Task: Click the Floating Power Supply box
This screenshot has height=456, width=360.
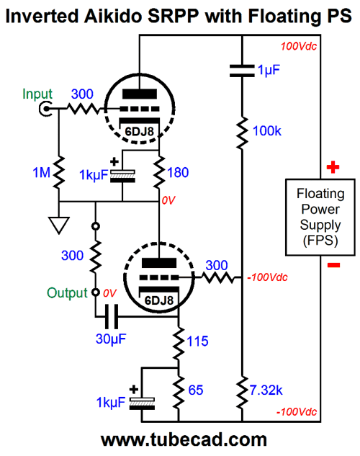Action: (x=320, y=218)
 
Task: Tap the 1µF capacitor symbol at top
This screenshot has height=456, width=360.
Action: (x=242, y=71)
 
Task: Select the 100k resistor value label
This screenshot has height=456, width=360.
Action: (x=267, y=131)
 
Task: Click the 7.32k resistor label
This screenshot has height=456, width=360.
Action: (x=266, y=390)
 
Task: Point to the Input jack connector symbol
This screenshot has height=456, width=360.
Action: (x=45, y=109)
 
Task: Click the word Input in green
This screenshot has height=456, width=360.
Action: (x=37, y=94)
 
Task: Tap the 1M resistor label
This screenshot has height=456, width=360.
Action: (x=42, y=172)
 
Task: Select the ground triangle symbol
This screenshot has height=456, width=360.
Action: (x=59, y=225)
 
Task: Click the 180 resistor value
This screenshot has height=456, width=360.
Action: (x=178, y=172)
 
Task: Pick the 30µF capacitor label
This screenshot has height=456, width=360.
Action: (x=111, y=339)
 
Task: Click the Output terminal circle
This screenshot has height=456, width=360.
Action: (x=96, y=292)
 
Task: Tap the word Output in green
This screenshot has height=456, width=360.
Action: (x=67, y=293)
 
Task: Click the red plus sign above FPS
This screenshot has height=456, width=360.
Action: (x=333, y=167)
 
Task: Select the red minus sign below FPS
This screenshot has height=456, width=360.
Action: (x=333, y=265)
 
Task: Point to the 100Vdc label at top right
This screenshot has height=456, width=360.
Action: (x=298, y=46)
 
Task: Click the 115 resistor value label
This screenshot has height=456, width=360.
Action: (x=197, y=341)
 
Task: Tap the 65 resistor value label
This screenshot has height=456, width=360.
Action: (x=196, y=390)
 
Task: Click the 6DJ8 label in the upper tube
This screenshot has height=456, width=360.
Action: (x=139, y=131)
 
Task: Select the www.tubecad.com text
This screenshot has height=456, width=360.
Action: (x=184, y=439)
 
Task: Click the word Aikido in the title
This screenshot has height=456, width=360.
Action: (x=113, y=16)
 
